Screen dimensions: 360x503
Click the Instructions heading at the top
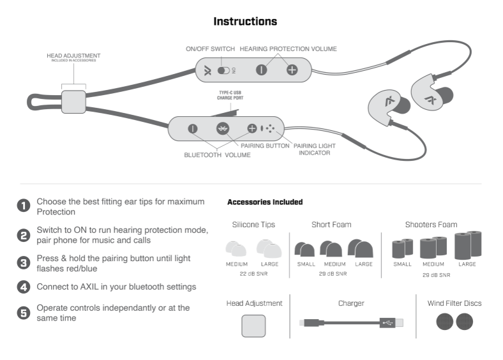point(245,22)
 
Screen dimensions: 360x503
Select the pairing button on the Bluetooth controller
point(222,128)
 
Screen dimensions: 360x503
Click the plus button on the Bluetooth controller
point(252,128)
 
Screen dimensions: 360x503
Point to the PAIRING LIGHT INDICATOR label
point(314,149)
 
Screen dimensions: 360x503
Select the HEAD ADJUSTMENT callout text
point(73,56)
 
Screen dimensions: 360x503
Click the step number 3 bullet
point(24,262)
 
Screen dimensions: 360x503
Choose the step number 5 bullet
point(24,312)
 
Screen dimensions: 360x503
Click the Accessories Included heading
point(265,202)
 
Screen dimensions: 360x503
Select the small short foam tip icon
point(305,249)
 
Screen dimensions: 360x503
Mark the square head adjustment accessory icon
point(254,325)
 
